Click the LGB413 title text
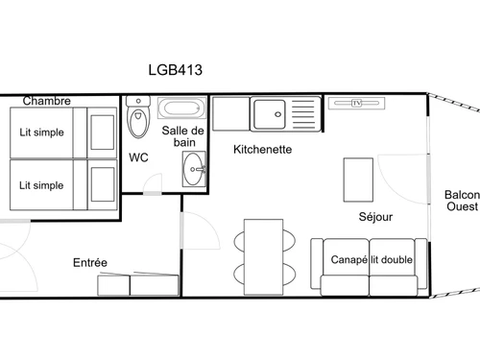[x=174, y=69]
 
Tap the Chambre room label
[x=47, y=101]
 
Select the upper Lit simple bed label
[x=41, y=132]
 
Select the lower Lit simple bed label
[x=41, y=185]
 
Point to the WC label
[x=138, y=156]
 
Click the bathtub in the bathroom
[x=180, y=108]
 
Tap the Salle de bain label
[x=182, y=136]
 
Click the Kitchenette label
[x=263, y=150]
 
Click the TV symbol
[x=356, y=103]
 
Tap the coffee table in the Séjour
[x=357, y=179]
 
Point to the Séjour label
[x=375, y=217]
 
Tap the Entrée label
[x=90, y=262]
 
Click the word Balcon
[x=462, y=195]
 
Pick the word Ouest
[x=462, y=207]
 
